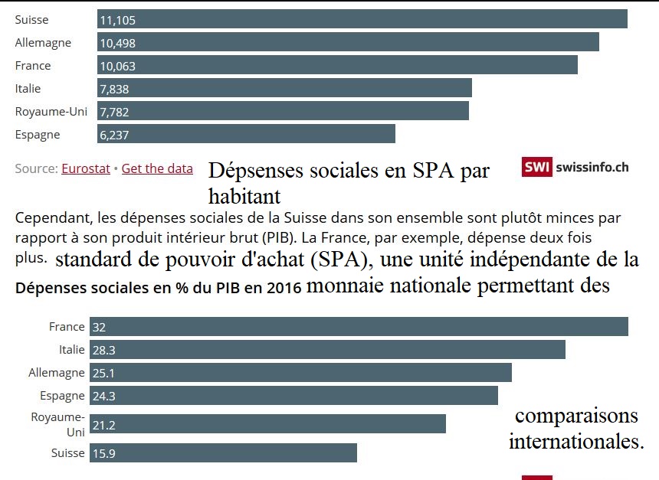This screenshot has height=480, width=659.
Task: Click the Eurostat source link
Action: [x=86, y=168]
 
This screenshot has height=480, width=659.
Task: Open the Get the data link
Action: [x=157, y=168]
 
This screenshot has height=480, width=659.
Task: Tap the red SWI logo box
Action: [x=537, y=167]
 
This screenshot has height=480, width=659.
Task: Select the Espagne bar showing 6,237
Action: [x=246, y=134]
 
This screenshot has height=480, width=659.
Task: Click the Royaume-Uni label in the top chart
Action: [x=51, y=112]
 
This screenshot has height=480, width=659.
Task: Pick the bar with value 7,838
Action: [x=284, y=88]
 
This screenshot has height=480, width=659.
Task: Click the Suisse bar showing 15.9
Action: [x=223, y=453]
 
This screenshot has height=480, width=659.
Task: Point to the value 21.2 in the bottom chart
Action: [x=104, y=425]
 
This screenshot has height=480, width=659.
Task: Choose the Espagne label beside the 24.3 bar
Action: [x=62, y=396]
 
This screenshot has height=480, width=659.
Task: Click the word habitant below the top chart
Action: [x=244, y=196]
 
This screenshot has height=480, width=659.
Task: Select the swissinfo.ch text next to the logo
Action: [x=592, y=167]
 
